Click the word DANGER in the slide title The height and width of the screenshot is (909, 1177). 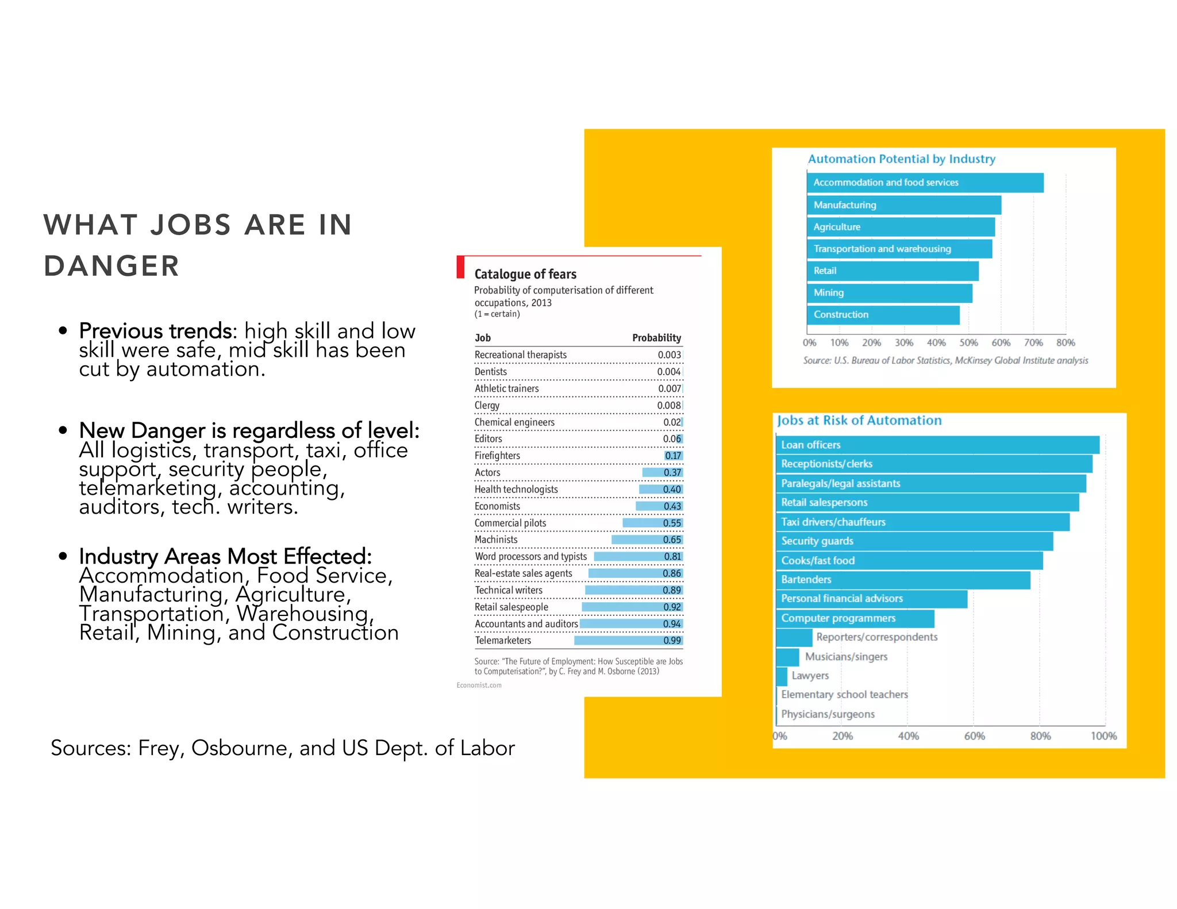coord(111,267)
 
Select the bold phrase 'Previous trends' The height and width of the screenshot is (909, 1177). coord(155,331)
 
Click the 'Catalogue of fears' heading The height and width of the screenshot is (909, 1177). coord(525,274)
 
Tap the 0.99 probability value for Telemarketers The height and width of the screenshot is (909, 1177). coord(672,640)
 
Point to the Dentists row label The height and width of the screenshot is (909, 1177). coord(490,372)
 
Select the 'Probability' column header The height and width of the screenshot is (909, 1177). coord(656,338)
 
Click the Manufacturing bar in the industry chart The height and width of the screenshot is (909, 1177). coord(903,205)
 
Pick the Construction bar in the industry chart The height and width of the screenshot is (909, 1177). coord(883,315)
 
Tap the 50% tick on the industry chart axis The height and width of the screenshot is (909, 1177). coord(968,342)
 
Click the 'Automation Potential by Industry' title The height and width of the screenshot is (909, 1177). coord(901,159)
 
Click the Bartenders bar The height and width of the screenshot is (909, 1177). coord(902,579)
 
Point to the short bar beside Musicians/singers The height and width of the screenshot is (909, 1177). coord(787,657)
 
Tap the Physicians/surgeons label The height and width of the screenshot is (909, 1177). coord(828,714)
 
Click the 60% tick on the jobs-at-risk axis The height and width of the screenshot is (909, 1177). coord(974,736)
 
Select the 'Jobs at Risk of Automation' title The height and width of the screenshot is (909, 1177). coord(859,421)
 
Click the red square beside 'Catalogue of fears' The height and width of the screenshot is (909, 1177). coord(460,267)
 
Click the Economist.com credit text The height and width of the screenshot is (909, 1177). coord(479,685)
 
